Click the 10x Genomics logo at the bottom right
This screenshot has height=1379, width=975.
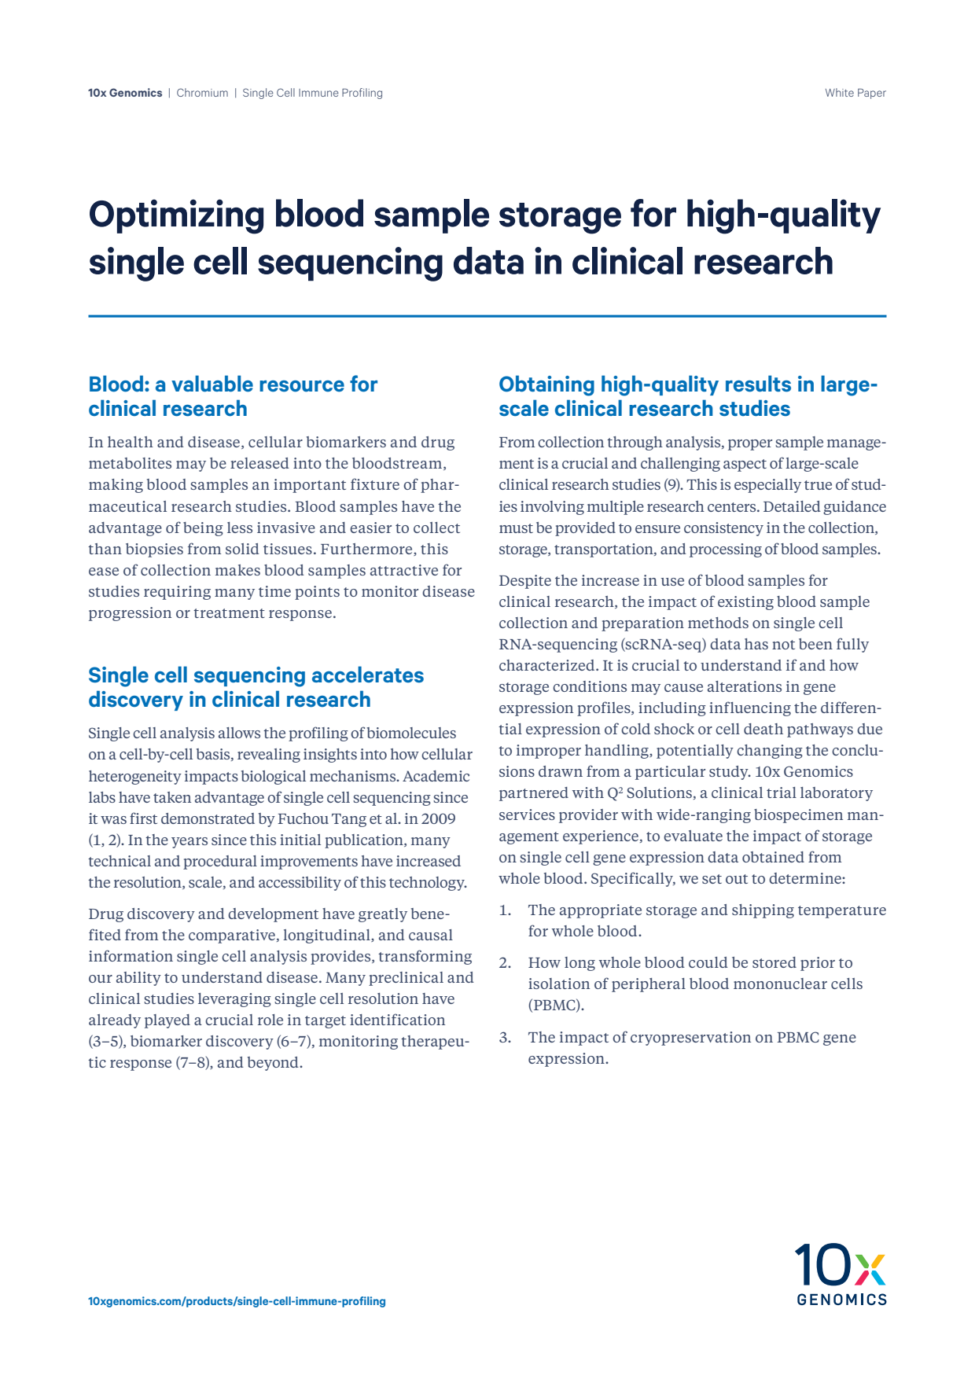click(841, 1274)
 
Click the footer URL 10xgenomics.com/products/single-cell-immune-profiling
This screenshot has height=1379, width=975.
click(237, 1301)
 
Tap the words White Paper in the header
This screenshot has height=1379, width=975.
click(855, 93)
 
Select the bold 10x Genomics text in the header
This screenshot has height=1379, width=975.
click(125, 93)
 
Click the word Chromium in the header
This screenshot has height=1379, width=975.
click(202, 93)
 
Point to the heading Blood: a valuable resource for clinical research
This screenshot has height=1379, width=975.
click(233, 396)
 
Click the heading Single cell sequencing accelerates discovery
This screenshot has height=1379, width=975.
click(256, 687)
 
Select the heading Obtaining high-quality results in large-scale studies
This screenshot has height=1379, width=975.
click(687, 396)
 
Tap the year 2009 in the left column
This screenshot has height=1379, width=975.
click(438, 818)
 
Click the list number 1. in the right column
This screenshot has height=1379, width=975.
click(505, 910)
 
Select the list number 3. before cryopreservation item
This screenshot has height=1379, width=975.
click(505, 1038)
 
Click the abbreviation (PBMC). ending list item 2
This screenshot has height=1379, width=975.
click(555, 1006)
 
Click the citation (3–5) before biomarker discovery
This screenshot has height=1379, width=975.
click(106, 1042)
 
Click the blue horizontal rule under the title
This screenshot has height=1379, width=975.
click(487, 316)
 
